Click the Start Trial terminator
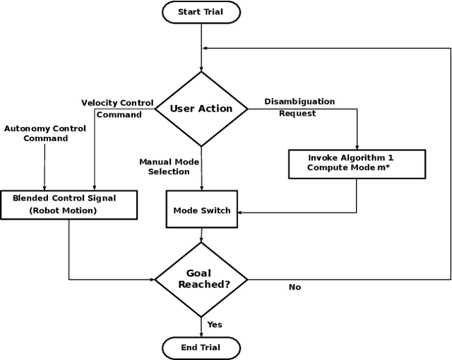point(201,12)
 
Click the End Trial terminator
point(201,347)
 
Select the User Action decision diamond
point(201,109)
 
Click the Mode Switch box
point(201,210)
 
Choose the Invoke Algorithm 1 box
point(357,163)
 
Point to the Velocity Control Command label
point(117,109)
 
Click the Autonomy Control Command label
point(45,133)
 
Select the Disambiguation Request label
point(299,107)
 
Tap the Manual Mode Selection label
point(169,167)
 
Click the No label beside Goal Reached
point(295,287)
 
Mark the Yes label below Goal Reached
point(215,325)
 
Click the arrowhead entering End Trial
point(201,334)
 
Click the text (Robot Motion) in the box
point(64,210)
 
